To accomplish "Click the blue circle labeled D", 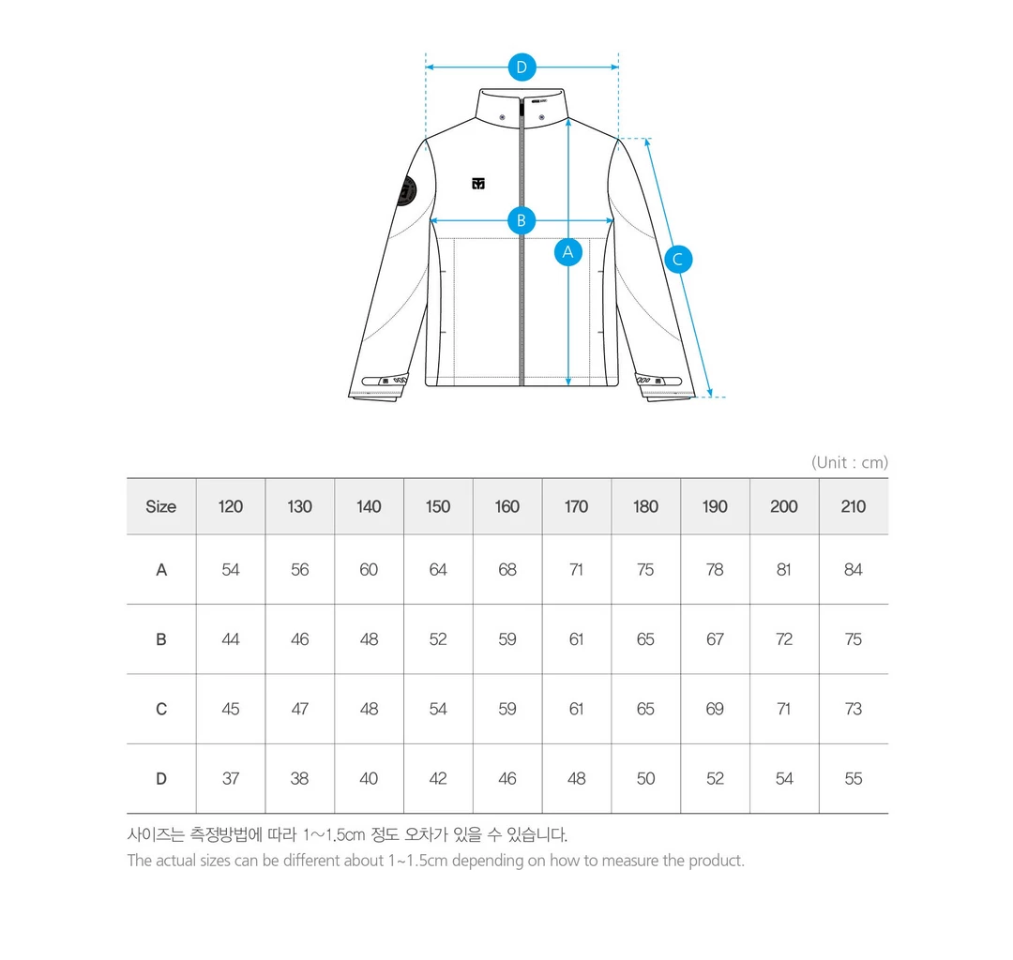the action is (522, 67).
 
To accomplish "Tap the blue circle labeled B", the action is (522, 221).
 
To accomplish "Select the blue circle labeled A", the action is (567, 252).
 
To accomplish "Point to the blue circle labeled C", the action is (678, 259).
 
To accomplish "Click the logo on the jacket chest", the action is (478, 184).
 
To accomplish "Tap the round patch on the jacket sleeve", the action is (407, 191).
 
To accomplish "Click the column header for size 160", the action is (507, 507).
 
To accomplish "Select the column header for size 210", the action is (854, 507).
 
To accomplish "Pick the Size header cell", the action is (161, 507).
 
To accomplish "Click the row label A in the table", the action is (161, 570).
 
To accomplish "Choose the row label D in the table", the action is (161, 779).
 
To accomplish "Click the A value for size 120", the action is (231, 570).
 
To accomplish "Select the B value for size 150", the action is (438, 639).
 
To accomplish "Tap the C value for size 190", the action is (715, 710).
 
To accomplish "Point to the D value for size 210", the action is (854, 779).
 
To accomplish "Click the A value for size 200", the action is (783, 570).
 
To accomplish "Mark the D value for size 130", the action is (300, 779).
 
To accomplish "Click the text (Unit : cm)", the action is (850, 462).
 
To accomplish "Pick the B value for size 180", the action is (645, 639).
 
